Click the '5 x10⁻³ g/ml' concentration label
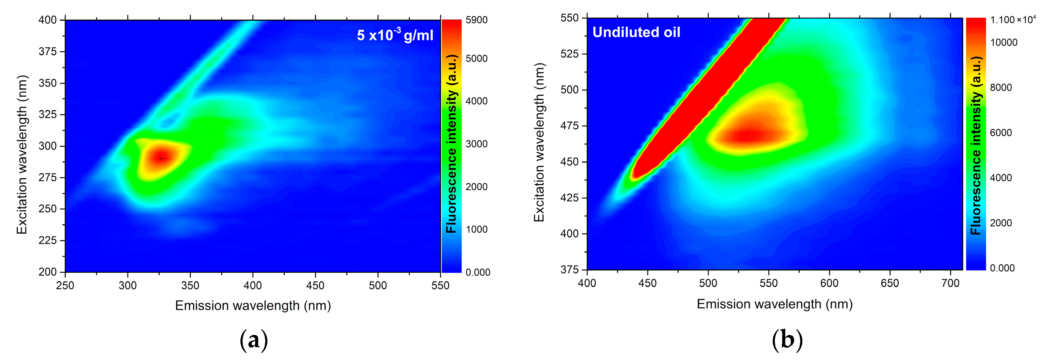(394, 35)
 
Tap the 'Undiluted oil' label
(636, 32)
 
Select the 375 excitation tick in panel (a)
(48, 52)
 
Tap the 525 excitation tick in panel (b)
(570, 54)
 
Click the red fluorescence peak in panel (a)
(161, 158)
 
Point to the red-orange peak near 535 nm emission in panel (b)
(748, 135)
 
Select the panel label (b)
(787, 340)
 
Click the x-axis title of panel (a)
(253, 306)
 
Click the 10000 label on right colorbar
(1003, 43)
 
